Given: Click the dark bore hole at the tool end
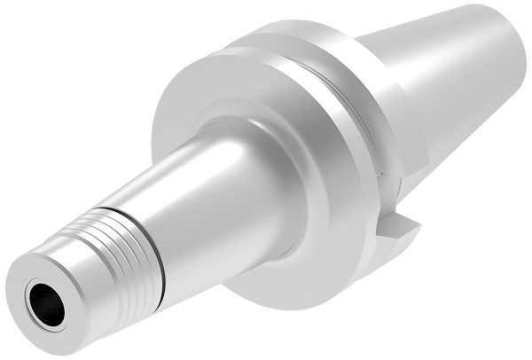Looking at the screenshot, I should [44, 303].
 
